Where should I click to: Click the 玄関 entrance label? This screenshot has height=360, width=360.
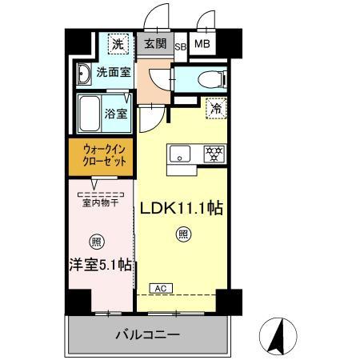[x=157, y=44]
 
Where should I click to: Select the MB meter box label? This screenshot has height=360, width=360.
[x=202, y=45]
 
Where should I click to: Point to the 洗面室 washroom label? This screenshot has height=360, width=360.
[x=114, y=72]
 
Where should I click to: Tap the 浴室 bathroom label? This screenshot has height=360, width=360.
[x=116, y=114]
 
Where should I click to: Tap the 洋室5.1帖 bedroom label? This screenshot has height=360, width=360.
[x=101, y=265]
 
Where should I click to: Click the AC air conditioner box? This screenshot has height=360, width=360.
[x=159, y=286]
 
